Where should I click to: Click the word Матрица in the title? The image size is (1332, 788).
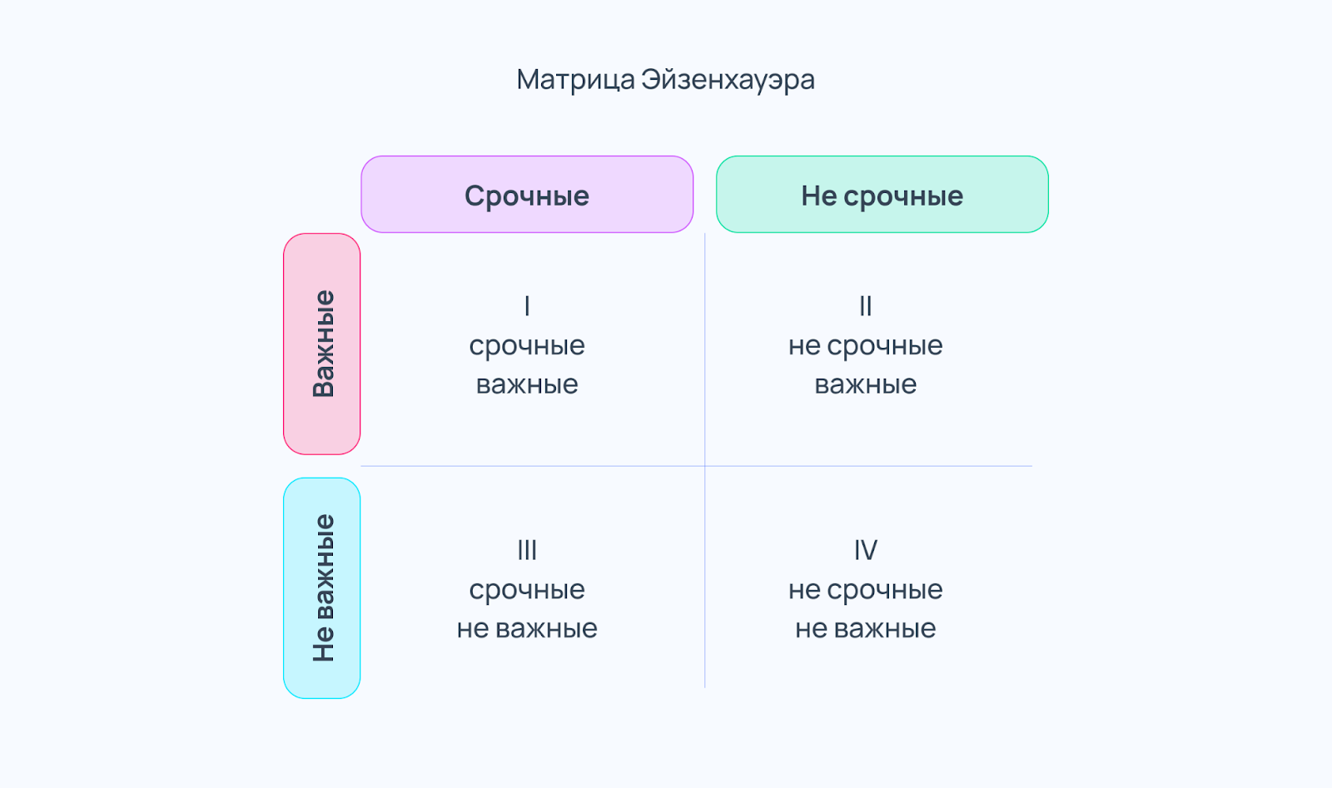[575, 80]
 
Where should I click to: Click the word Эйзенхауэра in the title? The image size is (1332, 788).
[728, 80]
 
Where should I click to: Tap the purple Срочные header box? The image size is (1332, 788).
[527, 195]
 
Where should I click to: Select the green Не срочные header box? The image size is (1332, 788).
[882, 195]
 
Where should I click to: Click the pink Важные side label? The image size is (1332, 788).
[321, 344]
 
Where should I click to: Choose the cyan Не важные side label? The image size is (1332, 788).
[321, 587]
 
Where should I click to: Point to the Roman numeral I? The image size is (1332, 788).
[527, 306]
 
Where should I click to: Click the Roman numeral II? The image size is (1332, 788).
[866, 306]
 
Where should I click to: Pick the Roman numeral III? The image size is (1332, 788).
[527, 550]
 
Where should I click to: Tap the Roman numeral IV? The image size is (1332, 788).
[866, 550]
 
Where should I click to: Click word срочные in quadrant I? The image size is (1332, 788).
[527, 346]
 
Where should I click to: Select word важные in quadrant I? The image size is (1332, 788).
[527, 384]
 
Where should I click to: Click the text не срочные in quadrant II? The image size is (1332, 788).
[866, 346]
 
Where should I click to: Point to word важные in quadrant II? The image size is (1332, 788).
[866, 384]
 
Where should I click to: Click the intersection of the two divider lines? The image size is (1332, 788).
[704, 466]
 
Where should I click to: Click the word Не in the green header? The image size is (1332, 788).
[819, 196]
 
